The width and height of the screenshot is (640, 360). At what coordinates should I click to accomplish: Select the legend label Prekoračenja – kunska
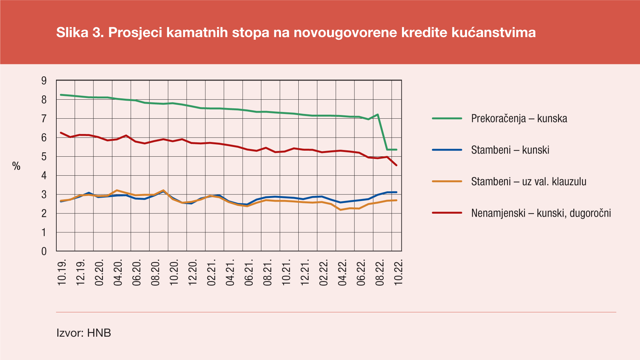click(x=519, y=118)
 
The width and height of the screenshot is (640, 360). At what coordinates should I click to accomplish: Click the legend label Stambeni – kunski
click(x=510, y=150)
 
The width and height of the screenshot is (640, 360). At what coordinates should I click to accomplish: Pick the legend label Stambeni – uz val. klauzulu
click(x=529, y=182)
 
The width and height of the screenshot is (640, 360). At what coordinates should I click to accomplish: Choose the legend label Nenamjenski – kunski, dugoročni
click(x=541, y=213)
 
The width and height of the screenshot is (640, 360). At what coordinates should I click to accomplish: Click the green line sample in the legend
click(x=447, y=118)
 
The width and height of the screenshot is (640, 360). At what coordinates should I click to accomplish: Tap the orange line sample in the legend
click(x=447, y=181)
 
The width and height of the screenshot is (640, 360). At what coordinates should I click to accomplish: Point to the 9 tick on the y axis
click(x=44, y=81)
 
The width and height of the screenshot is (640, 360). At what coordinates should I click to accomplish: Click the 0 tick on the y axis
click(x=44, y=251)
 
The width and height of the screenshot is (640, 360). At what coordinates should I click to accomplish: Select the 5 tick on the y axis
click(x=44, y=157)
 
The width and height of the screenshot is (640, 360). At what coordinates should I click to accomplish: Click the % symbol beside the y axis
click(x=16, y=166)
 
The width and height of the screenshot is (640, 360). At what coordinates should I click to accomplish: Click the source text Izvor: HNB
click(x=84, y=333)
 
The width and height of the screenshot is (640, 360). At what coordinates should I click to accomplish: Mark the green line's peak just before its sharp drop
click(x=378, y=115)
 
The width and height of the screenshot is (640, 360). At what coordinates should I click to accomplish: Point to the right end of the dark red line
click(x=396, y=165)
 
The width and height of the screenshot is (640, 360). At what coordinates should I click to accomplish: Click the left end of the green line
click(x=61, y=95)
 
